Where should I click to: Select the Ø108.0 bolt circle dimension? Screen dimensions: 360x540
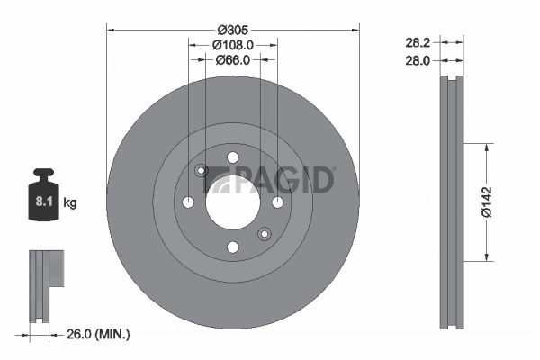point(233,43)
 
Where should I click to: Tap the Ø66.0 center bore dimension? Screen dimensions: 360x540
point(233,59)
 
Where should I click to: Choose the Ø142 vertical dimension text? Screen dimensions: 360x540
point(487,202)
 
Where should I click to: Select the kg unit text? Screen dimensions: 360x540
point(70,203)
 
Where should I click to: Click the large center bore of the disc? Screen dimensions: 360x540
point(233,202)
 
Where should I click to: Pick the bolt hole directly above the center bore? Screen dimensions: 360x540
point(233,158)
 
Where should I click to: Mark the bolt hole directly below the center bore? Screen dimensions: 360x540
point(233,246)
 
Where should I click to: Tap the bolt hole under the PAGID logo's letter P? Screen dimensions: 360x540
point(276,202)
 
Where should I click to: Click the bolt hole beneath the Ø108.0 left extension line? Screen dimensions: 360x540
point(189,202)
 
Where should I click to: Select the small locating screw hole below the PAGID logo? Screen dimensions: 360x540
point(264,234)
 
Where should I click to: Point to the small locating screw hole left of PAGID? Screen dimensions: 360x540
point(202,170)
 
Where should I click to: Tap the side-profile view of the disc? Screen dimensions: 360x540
point(452,202)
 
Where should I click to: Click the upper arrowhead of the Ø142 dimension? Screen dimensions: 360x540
point(487,145)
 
